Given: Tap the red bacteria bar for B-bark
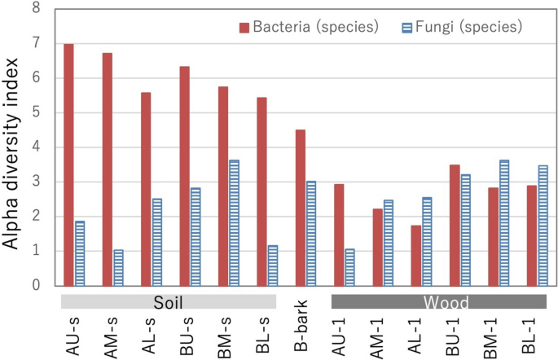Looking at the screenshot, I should [301, 208].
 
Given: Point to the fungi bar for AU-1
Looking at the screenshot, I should [350, 267].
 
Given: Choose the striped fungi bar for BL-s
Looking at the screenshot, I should [273, 266].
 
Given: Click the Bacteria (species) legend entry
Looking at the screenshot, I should [310, 28].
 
